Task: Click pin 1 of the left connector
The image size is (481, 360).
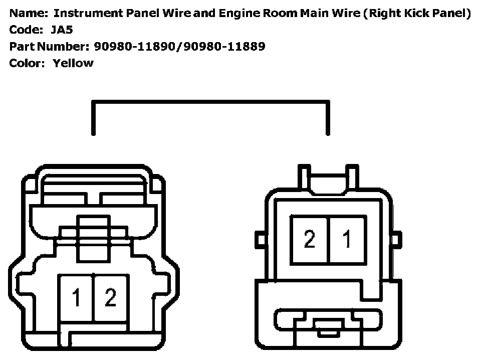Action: pyautogui.click(x=76, y=298)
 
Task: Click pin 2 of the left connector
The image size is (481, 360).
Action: pyautogui.click(x=111, y=298)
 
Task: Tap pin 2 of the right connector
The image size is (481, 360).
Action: pyautogui.click(x=310, y=239)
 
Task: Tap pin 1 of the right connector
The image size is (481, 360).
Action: pyautogui.click(x=347, y=239)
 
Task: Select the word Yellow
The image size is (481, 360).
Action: pyautogui.click(x=73, y=63)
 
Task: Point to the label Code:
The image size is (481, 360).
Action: pyautogui.click(x=26, y=30)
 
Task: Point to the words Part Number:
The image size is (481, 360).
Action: pyautogui.click(x=49, y=46)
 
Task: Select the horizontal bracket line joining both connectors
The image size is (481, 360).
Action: pyautogui.click(x=210, y=102)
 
